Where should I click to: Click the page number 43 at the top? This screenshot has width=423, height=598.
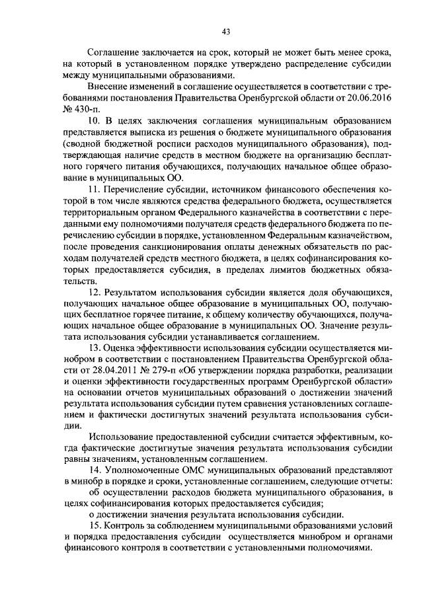tap(226, 31)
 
